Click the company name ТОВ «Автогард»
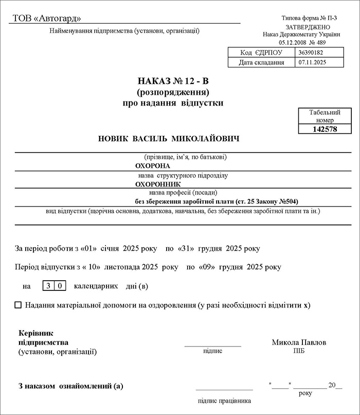coord(47,19)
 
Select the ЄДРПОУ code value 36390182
coord(310,53)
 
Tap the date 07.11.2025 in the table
coord(312,62)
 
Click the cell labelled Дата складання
coord(261,62)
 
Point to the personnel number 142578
coord(325,129)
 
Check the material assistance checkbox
coord(19,305)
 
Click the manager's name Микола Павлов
coord(299,342)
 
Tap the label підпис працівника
coord(224,401)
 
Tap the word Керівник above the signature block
coord(36,333)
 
